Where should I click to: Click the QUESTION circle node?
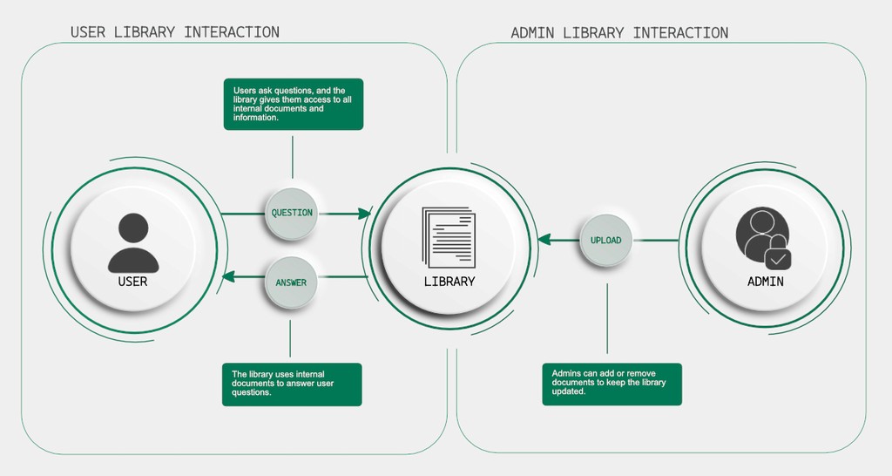(x=292, y=213)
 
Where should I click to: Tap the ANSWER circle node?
(x=291, y=282)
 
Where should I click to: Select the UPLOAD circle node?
(x=605, y=240)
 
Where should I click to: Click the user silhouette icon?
(x=133, y=243)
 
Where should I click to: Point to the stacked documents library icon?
(x=449, y=237)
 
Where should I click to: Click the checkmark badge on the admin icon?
(x=778, y=258)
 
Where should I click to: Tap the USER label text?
(x=133, y=282)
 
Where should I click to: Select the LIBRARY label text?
(x=449, y=282)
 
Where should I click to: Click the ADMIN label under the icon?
(x=766, y=282)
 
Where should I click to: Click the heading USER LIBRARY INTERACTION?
(x=175, y=32)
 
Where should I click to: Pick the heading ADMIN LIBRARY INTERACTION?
(x=619, y=33)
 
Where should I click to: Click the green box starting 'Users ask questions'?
(x=294, y=104)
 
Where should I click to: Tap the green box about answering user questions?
(x=292, y=384)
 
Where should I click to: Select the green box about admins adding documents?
(x=612, y=384)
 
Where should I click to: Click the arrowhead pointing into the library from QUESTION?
(x=365, y=213)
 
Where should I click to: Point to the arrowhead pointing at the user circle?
(x=228, y=277)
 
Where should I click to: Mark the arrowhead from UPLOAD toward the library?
(x=544, y=240)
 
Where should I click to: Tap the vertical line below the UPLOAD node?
(x=607, y=318)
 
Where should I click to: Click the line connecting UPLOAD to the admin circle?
(x=655, y=240)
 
